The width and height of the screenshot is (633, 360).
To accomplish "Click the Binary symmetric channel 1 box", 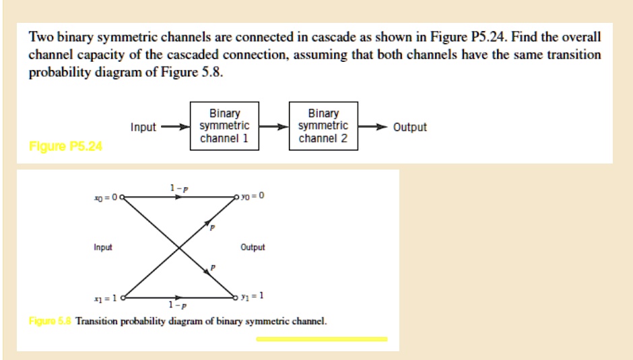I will tap(224, 127).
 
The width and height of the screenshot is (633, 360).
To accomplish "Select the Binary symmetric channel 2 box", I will tap(323, 127).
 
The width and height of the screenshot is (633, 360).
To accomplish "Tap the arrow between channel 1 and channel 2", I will tap(273, 127).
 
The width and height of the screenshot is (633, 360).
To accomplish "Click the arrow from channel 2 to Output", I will tap(373, 127).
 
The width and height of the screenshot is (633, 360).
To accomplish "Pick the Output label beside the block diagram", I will tap(410, 127).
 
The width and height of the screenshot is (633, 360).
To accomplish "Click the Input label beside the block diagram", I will tap(143, 127).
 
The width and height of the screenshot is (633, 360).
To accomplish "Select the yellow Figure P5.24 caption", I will tap(66, 147).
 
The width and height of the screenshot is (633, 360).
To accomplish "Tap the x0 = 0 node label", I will tap(106, 196).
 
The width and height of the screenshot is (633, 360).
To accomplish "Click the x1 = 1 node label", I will tap(106, 298).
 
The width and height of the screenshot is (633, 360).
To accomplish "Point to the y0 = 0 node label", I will tap(253, 196).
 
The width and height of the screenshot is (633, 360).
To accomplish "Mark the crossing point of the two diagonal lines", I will tap(178, 247).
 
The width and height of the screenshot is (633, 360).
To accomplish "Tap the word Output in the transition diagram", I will tap(253, 247).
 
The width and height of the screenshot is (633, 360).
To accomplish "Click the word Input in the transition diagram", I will tap(103, 247).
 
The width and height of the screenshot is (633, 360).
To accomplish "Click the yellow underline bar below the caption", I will tap(321, 339).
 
